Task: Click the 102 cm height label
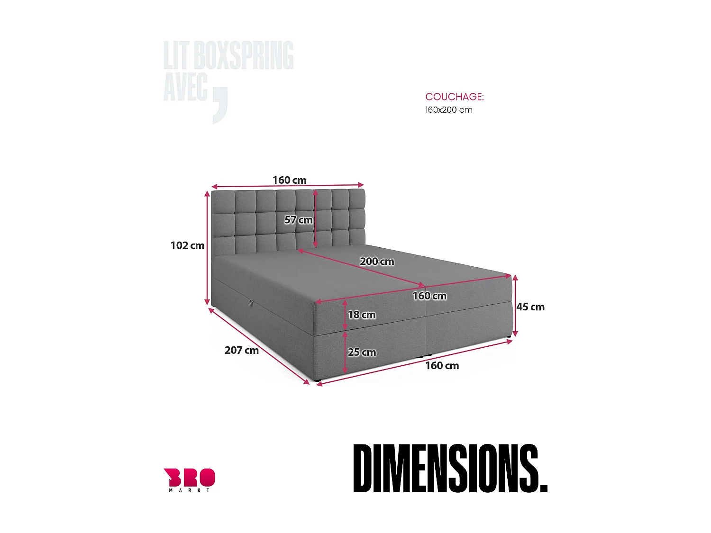[187, 245]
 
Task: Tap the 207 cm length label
[241, 350]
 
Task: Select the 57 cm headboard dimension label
[298, 220]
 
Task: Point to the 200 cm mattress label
[377, 262]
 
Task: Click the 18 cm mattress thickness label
[362, 315]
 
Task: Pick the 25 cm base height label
[362, 352]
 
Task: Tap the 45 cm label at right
[530, 307]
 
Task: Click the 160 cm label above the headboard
[289, 180]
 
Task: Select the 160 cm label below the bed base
[442, 365]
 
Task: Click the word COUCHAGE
[454, 97]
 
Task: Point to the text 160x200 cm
[448, 110]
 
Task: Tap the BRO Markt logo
[189, 479]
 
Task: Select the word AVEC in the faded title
[185, 88]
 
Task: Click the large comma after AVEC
[220, 106]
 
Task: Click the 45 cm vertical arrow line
[515, 306]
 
